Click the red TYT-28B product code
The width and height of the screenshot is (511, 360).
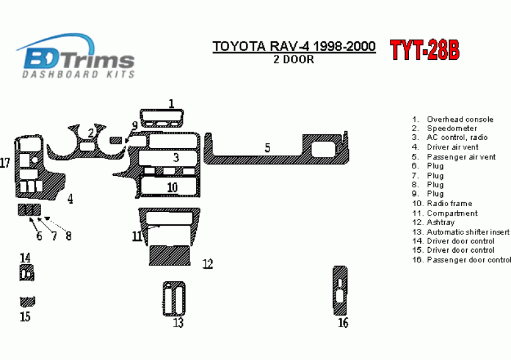tap(425, 50)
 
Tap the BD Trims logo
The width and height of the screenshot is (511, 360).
tap(76, 55)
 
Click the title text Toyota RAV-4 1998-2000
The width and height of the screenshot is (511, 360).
tap(294, 46)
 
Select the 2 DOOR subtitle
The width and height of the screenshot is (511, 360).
tap(293, 59)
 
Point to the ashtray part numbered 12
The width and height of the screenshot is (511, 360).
tap(170, 255)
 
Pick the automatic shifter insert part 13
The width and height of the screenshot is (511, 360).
tap(174, 299)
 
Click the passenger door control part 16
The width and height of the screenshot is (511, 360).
tap(340, 290)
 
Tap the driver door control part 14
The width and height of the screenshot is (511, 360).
tap(26, 273)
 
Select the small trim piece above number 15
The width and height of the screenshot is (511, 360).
tap(27, 302)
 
